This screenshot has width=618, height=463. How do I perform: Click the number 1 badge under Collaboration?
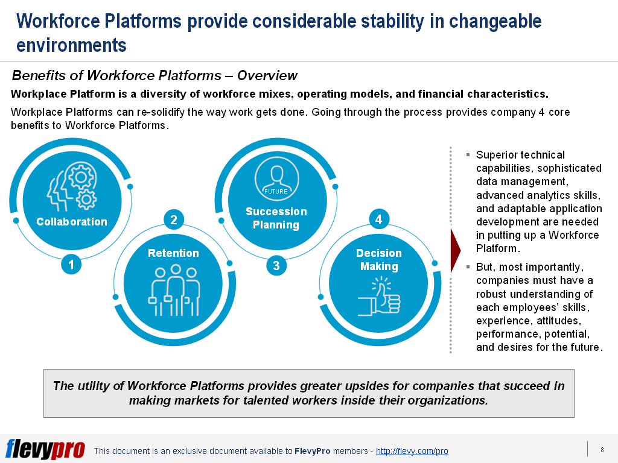(x=71, y=264)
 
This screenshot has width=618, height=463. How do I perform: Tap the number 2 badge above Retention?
(x=174, y=219)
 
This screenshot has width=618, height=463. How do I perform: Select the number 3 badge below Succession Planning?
(x=276, y=265)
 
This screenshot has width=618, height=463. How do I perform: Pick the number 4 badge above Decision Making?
(x=378, y=219)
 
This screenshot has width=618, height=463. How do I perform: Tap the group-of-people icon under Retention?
(x=174, y=291)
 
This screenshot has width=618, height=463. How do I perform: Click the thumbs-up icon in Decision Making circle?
(x=379, y=297)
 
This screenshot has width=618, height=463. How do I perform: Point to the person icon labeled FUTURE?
(x=276, y=178)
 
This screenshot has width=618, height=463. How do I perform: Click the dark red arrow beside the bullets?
(x=456, y=248)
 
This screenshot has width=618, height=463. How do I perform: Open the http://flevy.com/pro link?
(x=412, y=451)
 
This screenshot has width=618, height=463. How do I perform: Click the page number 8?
(x=602, y=450)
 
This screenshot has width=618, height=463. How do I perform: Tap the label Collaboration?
(x=72, y=222)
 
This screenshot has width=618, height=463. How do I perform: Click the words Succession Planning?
(x=276, y=218)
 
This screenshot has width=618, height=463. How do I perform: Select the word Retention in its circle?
(x=173, y=253)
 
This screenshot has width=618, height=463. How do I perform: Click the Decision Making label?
(x=379, y=260)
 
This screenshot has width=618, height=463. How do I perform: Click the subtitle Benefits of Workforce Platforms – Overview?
(x=154, y=75)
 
